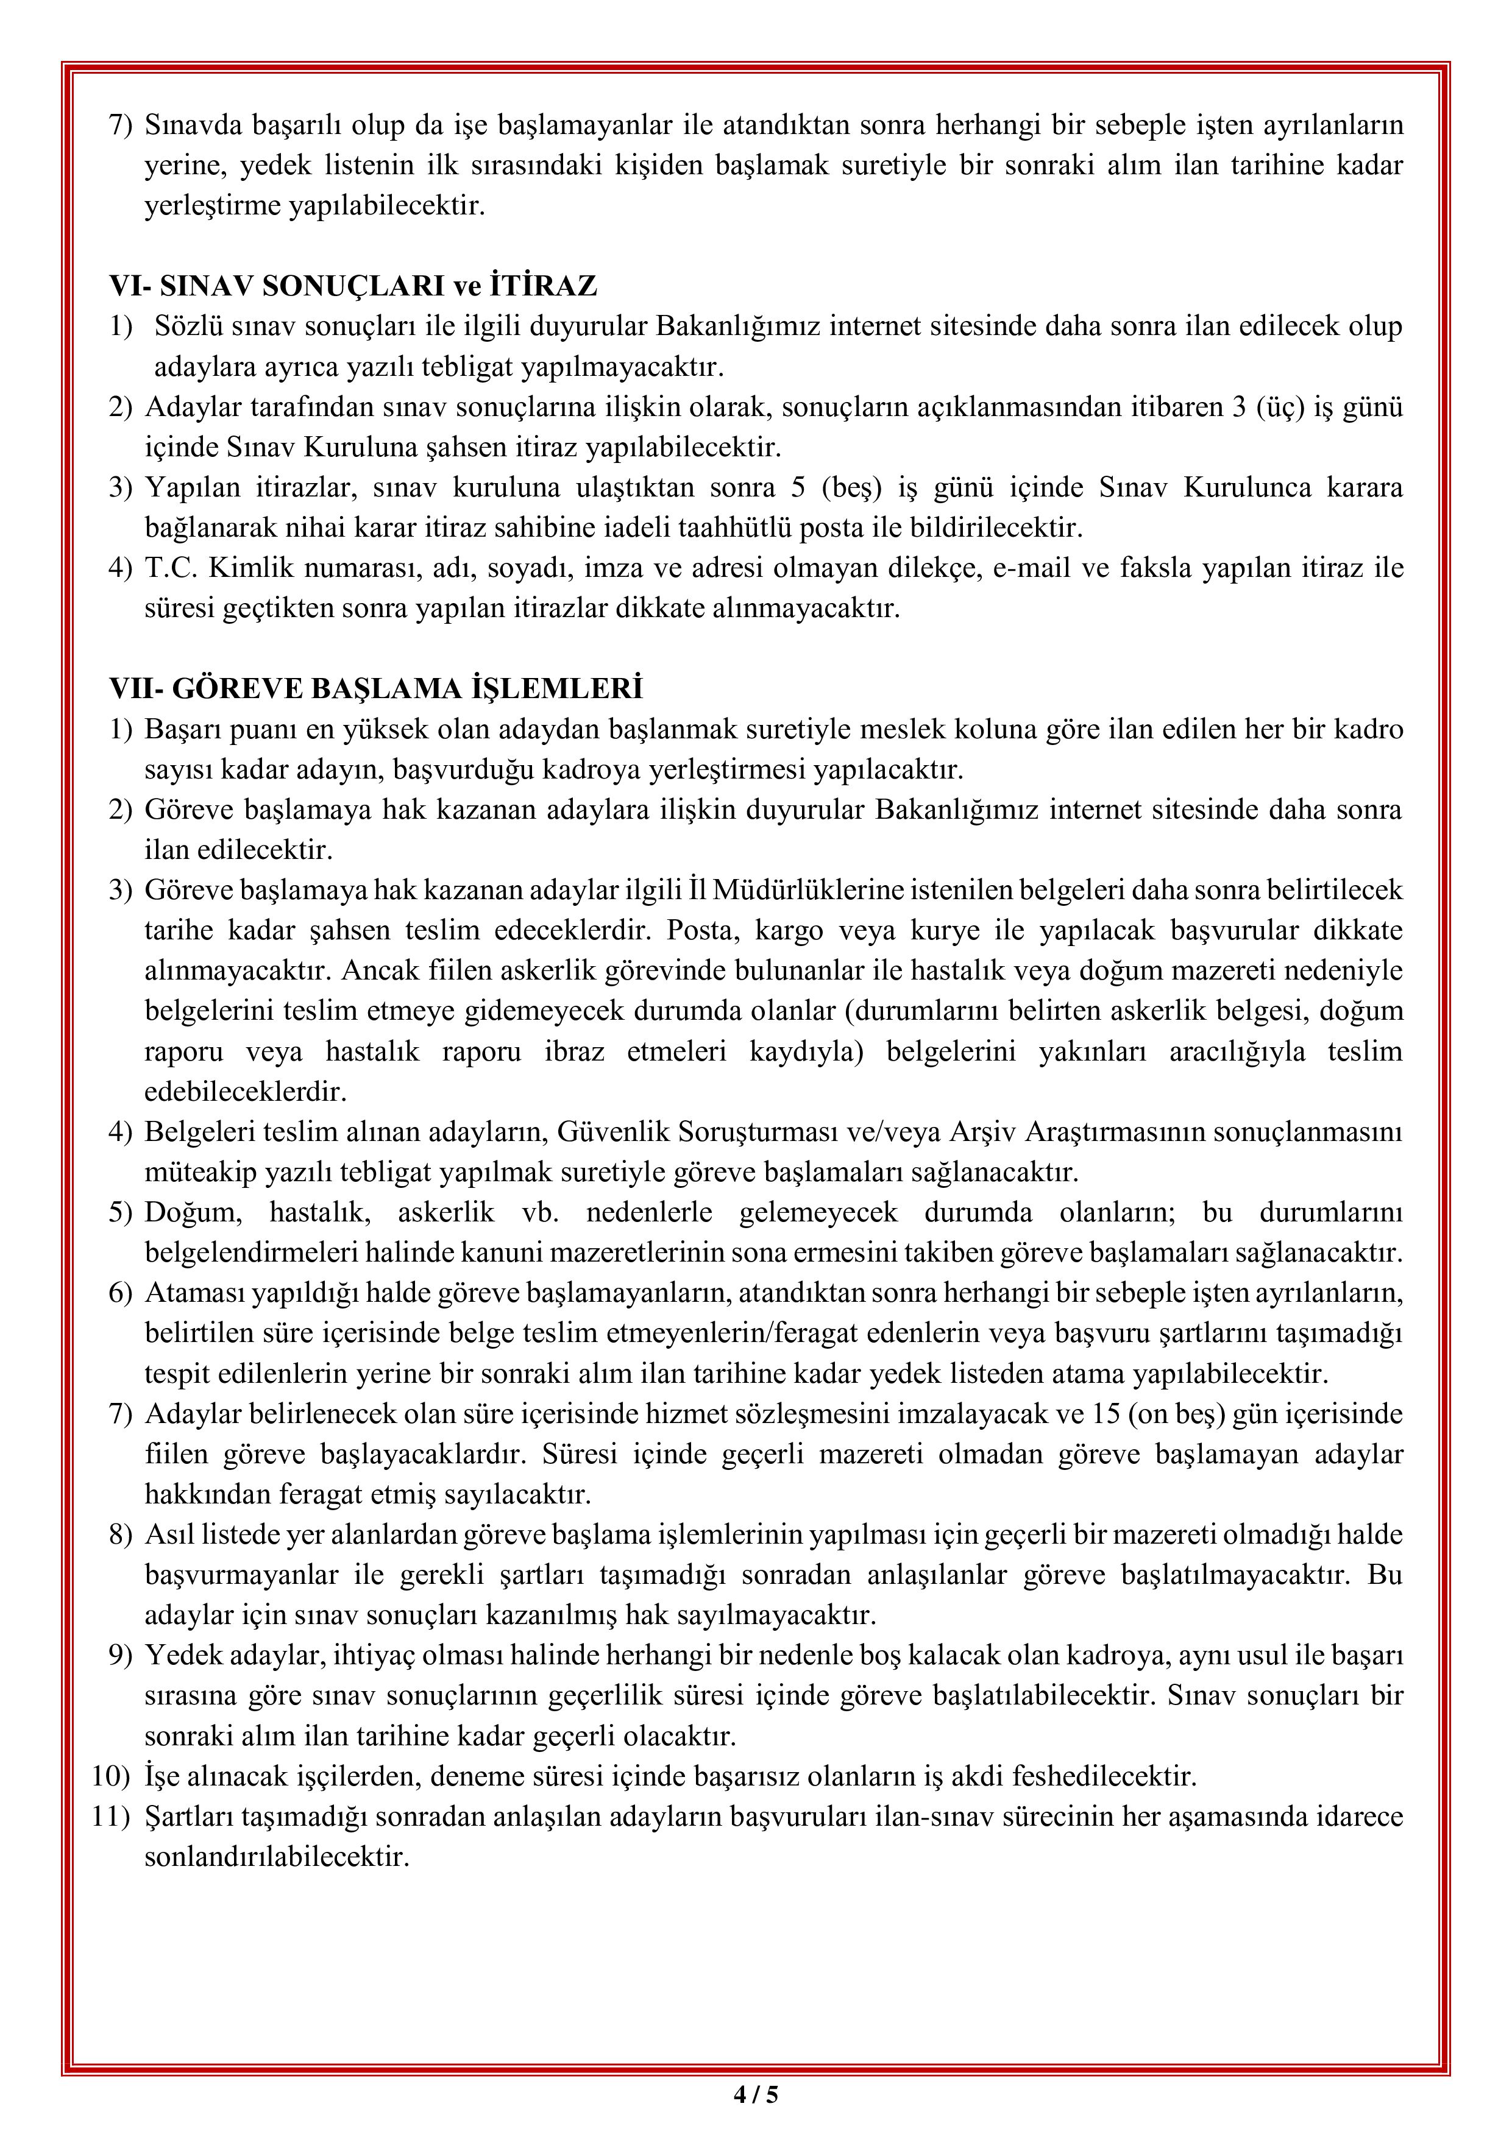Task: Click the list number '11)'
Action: [x=111, y=1816]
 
